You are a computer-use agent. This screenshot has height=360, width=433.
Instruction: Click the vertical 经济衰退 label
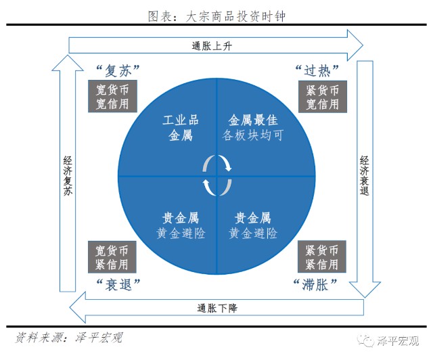coord(364,176)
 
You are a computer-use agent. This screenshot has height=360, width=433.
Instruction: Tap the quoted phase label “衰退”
coord(118,283)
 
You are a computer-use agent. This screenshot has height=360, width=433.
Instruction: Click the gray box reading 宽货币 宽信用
coord(112,96)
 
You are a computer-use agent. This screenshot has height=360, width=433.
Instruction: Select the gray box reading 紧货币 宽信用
coord(321,96)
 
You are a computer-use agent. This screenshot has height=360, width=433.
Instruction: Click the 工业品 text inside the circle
coord(181,121)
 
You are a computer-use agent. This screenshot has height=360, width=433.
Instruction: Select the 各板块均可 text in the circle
coord(252,135)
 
